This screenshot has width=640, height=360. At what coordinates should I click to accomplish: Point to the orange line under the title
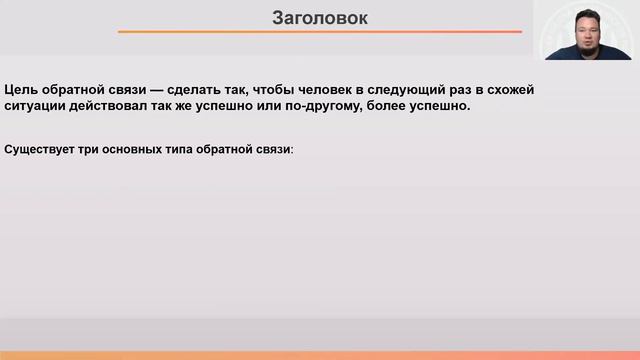point(319,32)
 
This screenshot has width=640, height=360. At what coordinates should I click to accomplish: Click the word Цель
point(21,89)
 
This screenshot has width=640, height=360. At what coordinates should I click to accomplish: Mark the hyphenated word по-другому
point(358,105)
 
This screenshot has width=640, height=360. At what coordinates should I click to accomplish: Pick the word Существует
point(41,149)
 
